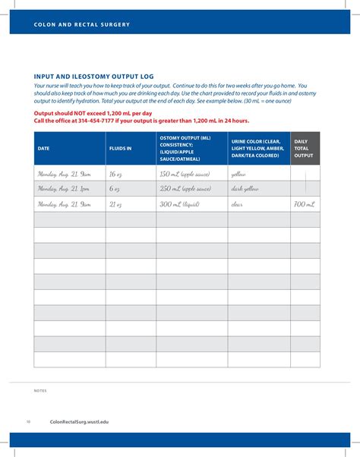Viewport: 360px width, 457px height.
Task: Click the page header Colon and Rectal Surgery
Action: [x=81, y=24]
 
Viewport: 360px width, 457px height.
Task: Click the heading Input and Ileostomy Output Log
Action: [x=93, y=76]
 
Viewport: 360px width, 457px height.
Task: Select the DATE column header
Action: [x=43, y=148]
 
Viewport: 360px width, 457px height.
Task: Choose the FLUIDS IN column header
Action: [x=120, y=148]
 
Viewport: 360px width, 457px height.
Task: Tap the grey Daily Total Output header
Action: [x=304, y=148]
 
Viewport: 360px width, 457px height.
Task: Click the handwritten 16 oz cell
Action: [x=115, y=174]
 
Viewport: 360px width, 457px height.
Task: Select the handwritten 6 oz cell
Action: [x=115, y=189]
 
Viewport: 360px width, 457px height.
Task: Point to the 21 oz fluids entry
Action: [x=115, y=204]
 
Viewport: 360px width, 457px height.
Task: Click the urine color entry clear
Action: [x=238, y=204]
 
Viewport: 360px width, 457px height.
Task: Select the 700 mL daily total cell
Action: [x=304, y=204]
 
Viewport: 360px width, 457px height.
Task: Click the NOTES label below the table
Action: [x=40, y=390]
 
